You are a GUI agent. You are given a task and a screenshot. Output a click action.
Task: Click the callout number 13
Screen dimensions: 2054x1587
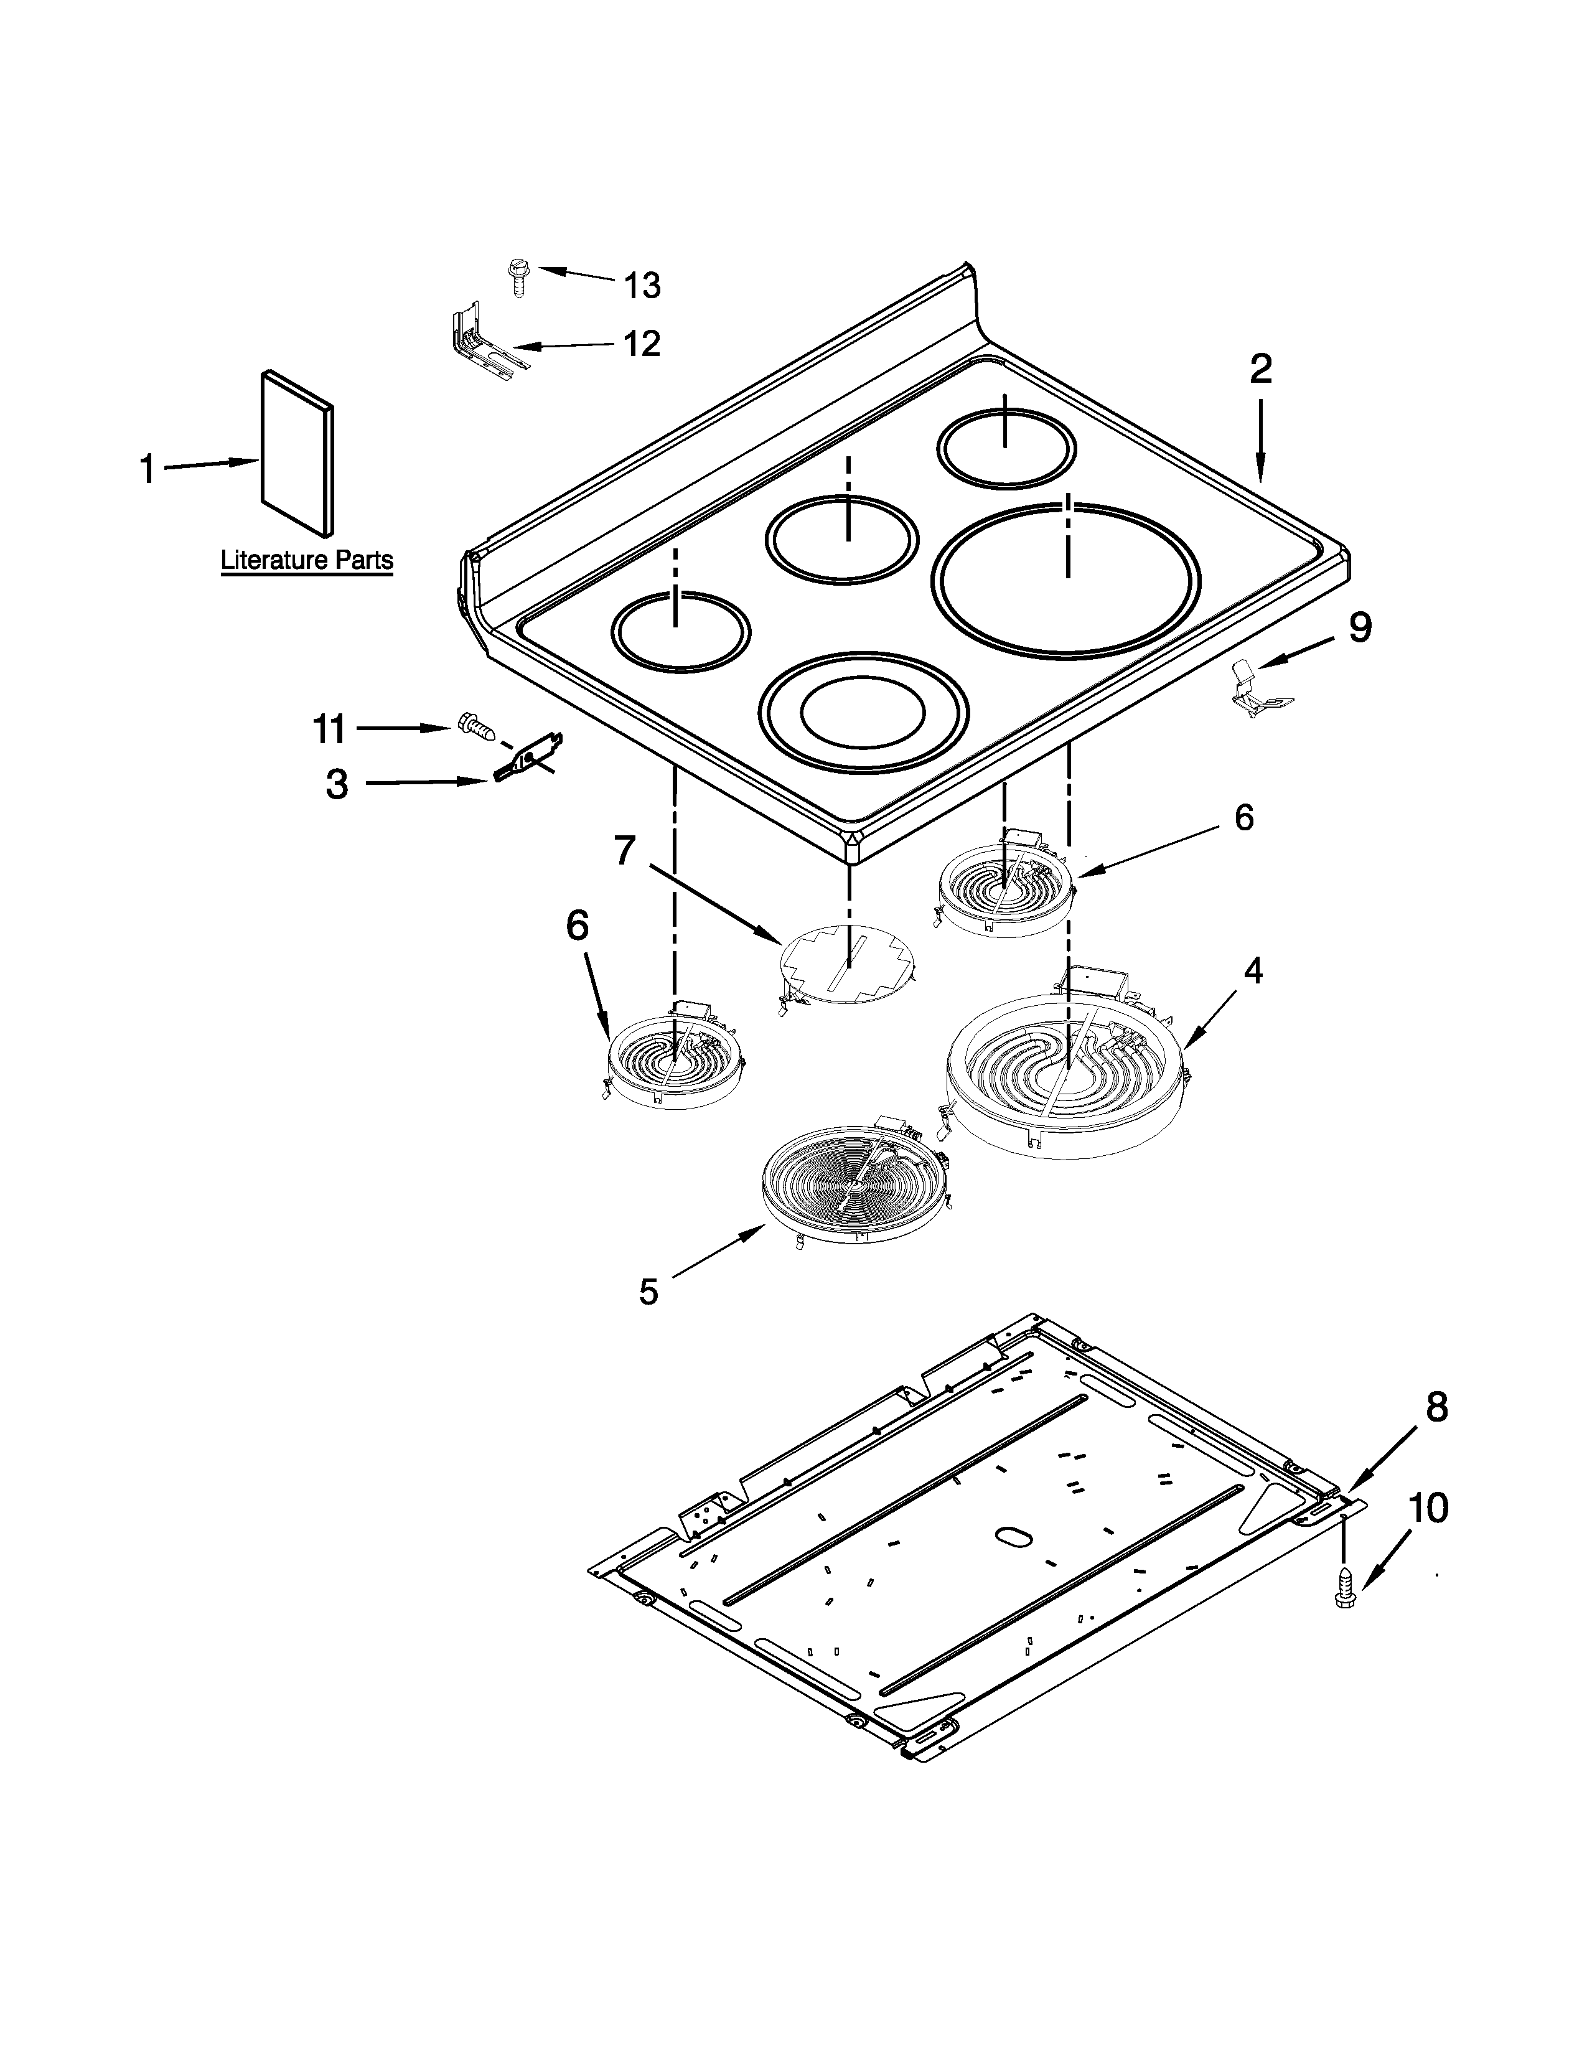coord(642,285)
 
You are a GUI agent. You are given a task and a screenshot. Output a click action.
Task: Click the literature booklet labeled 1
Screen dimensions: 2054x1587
coord(297,451)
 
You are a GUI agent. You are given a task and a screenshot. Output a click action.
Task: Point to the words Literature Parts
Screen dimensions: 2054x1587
coord(306,561)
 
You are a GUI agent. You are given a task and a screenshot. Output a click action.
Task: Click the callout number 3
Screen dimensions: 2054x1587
coord(337,784)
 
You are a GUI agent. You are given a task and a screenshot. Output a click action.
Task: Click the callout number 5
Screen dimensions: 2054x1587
coord(648,1292)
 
